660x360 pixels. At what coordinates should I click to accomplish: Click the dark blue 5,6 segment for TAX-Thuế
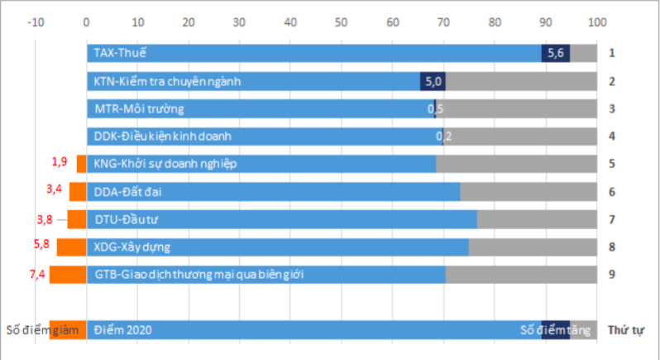556,54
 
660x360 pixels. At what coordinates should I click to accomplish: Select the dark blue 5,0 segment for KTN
433,82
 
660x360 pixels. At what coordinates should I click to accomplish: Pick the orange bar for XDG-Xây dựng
71,247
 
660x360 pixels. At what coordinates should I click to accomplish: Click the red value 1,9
59,161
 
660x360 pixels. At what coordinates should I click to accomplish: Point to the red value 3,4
55,190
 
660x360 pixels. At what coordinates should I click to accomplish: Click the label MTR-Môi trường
139,108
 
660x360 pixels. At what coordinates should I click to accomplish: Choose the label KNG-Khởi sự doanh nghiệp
165,164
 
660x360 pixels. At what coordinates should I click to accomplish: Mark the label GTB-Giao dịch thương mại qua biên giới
196,274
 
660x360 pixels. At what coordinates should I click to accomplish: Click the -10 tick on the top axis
36,22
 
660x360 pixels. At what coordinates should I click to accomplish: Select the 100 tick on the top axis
596,22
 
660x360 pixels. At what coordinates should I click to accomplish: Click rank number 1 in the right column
611,54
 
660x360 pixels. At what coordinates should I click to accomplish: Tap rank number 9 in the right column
611,274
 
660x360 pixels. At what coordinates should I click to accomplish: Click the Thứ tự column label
626,330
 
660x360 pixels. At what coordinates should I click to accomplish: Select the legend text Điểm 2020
122,330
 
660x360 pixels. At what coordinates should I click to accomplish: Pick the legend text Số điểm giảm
41,330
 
